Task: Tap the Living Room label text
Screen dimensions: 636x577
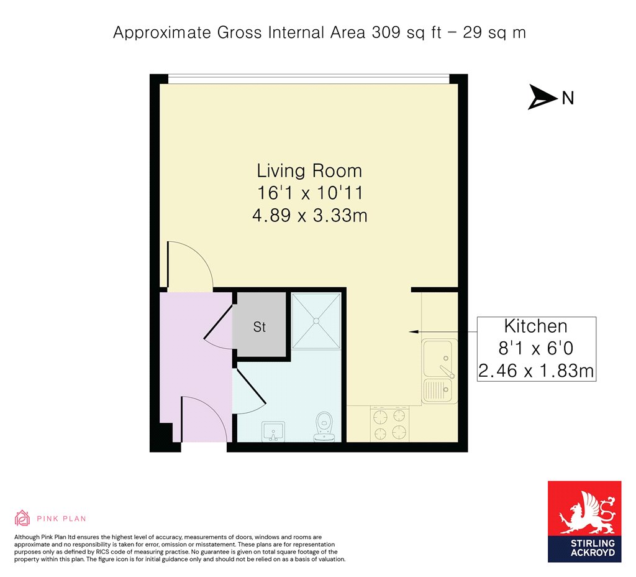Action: pos(309,170)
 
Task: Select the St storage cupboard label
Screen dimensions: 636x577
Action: pos(259,327)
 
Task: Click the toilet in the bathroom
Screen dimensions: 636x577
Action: pos(324,427)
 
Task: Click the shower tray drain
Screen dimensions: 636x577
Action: pos(316,321)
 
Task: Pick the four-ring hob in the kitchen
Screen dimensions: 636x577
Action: pos(389,424)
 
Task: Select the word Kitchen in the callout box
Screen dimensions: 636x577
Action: pos(535,326)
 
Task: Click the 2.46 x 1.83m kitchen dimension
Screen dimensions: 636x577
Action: pos(536,371)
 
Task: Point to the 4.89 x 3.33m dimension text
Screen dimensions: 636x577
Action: pos(310,215)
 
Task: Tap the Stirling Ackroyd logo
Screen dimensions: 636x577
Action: pos(584,522)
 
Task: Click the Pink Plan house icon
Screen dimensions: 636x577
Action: pos(22,518)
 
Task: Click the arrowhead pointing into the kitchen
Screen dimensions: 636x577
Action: pos(413,332)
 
